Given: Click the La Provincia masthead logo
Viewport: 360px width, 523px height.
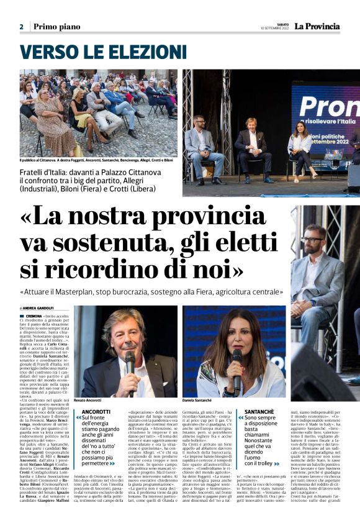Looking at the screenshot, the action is pos(317,26).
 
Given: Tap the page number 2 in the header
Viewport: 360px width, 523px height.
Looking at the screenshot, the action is pos(21,27).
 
